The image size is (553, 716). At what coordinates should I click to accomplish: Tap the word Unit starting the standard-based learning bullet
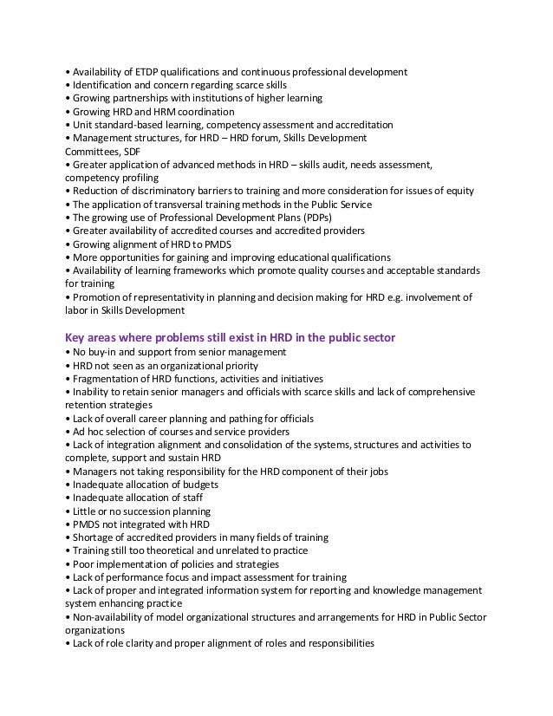pyautogui.click(x=83, y=125)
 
